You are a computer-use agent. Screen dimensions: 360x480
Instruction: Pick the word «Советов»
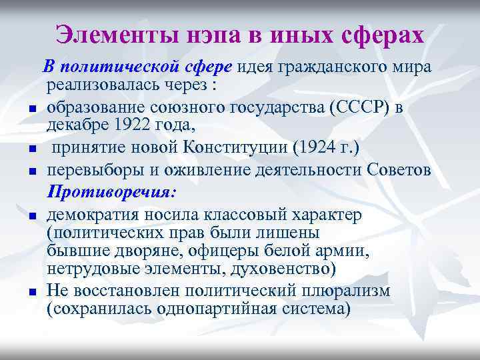pyautogui.click(x=399, y=170)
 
